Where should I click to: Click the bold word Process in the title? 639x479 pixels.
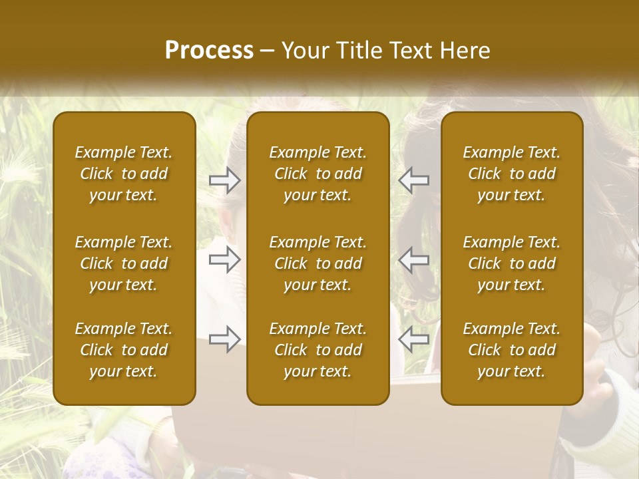point(209,51)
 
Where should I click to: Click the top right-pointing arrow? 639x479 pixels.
point(225,180)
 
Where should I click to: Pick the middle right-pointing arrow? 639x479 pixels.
point(225,259)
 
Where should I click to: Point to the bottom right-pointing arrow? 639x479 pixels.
point(225,339)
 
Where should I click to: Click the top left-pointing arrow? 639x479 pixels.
point(413,180)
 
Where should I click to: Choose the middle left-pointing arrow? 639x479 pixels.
point(413,259)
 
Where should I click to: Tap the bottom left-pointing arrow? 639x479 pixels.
point(413,339)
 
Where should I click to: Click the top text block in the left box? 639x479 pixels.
point(124,174)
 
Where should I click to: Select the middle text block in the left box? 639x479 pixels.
point(124,263)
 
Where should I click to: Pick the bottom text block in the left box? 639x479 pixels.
point(124,350)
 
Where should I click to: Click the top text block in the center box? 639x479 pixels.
point(318,174)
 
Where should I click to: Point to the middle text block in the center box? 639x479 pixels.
point(318,263)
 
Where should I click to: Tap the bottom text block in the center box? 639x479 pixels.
point(318,350)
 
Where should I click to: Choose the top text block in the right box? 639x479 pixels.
point(512,174)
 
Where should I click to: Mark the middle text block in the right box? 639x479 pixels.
point(512,263)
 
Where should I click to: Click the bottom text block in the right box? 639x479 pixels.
point(512,350)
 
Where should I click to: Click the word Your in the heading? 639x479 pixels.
point(304,51)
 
